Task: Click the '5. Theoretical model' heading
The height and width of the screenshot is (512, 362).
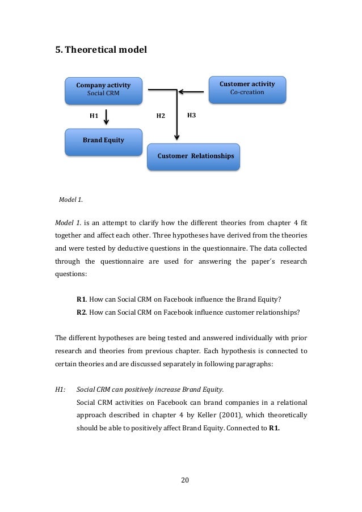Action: point(100,50)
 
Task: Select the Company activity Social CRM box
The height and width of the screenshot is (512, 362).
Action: point(103,90)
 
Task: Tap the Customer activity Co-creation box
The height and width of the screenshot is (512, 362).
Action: point(247,89)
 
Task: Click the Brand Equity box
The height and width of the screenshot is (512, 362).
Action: point(103,141)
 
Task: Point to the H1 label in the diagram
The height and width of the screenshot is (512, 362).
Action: point(94,116)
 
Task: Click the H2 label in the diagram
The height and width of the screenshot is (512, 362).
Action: point(161,116)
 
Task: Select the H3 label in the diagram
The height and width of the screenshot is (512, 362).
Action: point(191,116)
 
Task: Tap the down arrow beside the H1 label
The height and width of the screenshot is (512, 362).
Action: point(107,117)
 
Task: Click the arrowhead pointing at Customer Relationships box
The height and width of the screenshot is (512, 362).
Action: point(176,136)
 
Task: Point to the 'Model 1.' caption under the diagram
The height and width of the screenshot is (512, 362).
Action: point(71,200)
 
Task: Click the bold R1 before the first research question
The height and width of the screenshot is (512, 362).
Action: point(82,299)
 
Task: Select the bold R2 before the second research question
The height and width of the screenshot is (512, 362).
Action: point(82,311)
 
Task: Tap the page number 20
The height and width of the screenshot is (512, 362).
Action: point(184,481)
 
